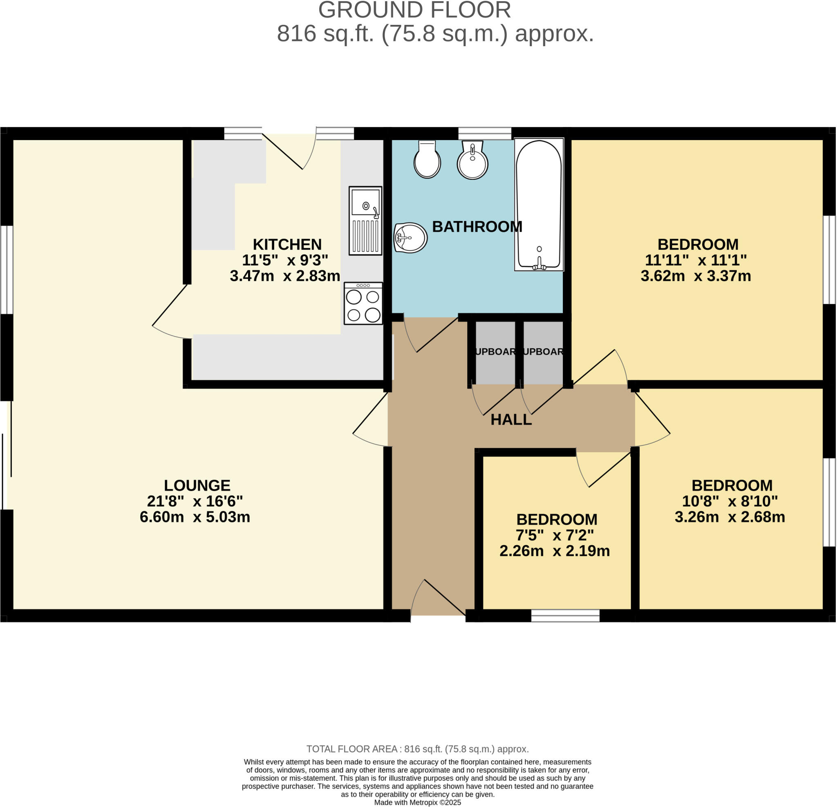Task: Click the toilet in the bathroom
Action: click(x=427, y=160)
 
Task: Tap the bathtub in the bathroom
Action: click(x=539, y=205)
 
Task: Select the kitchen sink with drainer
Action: click(x=365, y=221)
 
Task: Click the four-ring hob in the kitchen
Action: click(x=363, y=303)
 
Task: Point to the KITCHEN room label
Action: click(x=287, y=245)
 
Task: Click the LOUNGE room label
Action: click(x=197, y=486)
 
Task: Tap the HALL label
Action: click(x=511, y=420)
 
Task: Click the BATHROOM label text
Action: click(x=477, y=227)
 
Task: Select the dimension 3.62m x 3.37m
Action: click(x=696, y=276)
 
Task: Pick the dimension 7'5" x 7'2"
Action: click(x=555, y=535)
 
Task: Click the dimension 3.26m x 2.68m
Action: click(x=730, y=517)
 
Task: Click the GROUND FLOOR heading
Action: click(x=414, y=10)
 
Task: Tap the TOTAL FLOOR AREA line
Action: click(x=418, y=749)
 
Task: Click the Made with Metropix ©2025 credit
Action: click(x=418, y=803)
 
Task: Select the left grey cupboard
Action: click(x=495, y=352)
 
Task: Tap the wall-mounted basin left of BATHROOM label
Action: click(x=410, y=238)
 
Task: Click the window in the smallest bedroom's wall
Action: click(x=565, y=616)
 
